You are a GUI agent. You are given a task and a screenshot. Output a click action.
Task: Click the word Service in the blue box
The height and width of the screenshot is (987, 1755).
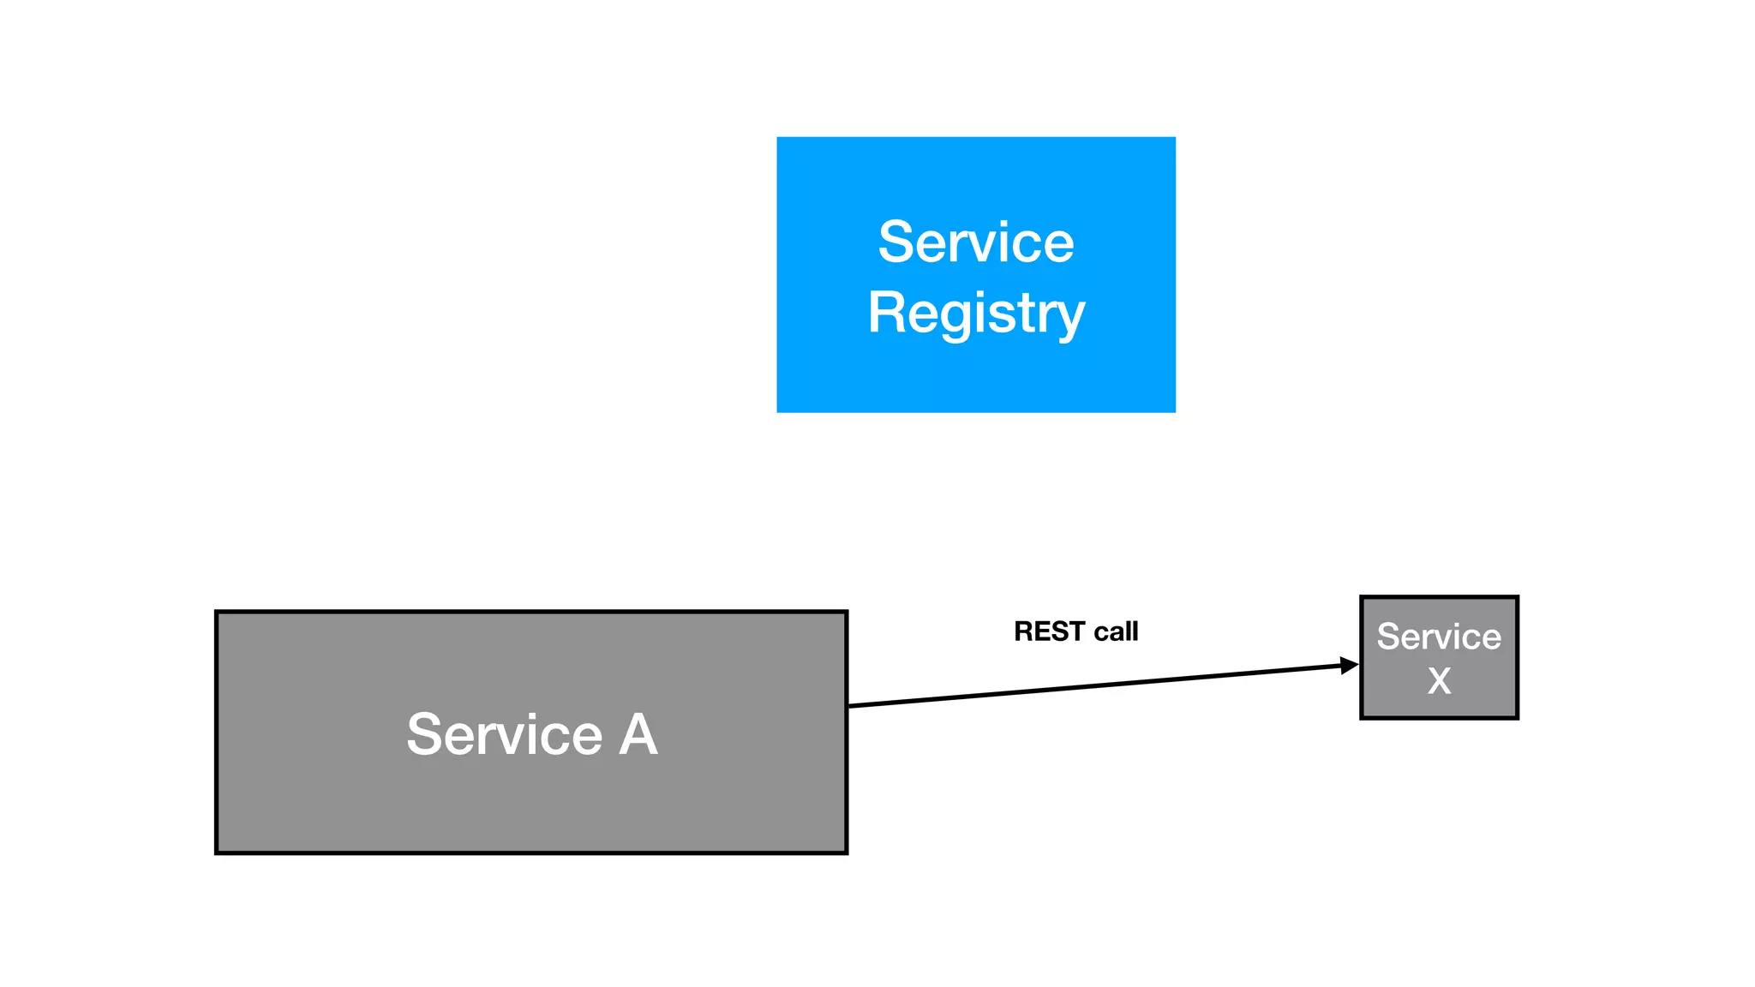click(x=975, y=242)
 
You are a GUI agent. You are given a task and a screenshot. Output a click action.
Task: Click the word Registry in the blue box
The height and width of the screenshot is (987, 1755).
click(x=975, y=314)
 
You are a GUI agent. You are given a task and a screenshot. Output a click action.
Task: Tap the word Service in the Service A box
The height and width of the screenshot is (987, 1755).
click(x=504, y=734)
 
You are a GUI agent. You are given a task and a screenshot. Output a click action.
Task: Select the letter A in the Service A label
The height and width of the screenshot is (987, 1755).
click(x=638, y=734)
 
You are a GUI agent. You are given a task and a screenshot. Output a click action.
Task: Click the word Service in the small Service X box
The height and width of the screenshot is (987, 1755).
click(x=1439, y=637)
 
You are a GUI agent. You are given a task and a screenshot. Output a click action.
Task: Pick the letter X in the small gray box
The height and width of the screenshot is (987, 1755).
click(x=1439, y=681)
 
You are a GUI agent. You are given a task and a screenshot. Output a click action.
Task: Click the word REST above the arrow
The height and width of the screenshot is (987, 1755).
click(x=1049, y=631)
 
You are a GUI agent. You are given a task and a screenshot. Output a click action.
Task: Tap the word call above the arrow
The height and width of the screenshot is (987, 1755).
click(x=1116, y=631)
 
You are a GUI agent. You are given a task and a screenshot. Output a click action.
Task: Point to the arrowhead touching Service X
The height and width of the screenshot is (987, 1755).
click(x=1351, y=665)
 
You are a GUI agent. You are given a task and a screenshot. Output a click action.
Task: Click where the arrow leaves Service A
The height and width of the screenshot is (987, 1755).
click(x=849, y=705)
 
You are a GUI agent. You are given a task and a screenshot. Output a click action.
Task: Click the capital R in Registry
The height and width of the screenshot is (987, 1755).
click(x=887, y=312)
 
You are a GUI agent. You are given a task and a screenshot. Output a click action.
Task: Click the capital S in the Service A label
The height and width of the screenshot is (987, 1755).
click(x=425, y=734)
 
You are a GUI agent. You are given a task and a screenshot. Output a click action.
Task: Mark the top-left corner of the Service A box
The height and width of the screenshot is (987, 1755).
click(x=217, y=613)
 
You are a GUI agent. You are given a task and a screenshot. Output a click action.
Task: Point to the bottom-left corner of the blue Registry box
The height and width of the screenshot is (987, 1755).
click(x=778, y=411)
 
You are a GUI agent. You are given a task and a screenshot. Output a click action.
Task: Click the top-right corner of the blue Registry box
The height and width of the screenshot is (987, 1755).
click(x=1175, y=138)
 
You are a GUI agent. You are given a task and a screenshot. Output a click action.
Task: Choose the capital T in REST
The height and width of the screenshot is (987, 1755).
click(x=1077, y=631)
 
